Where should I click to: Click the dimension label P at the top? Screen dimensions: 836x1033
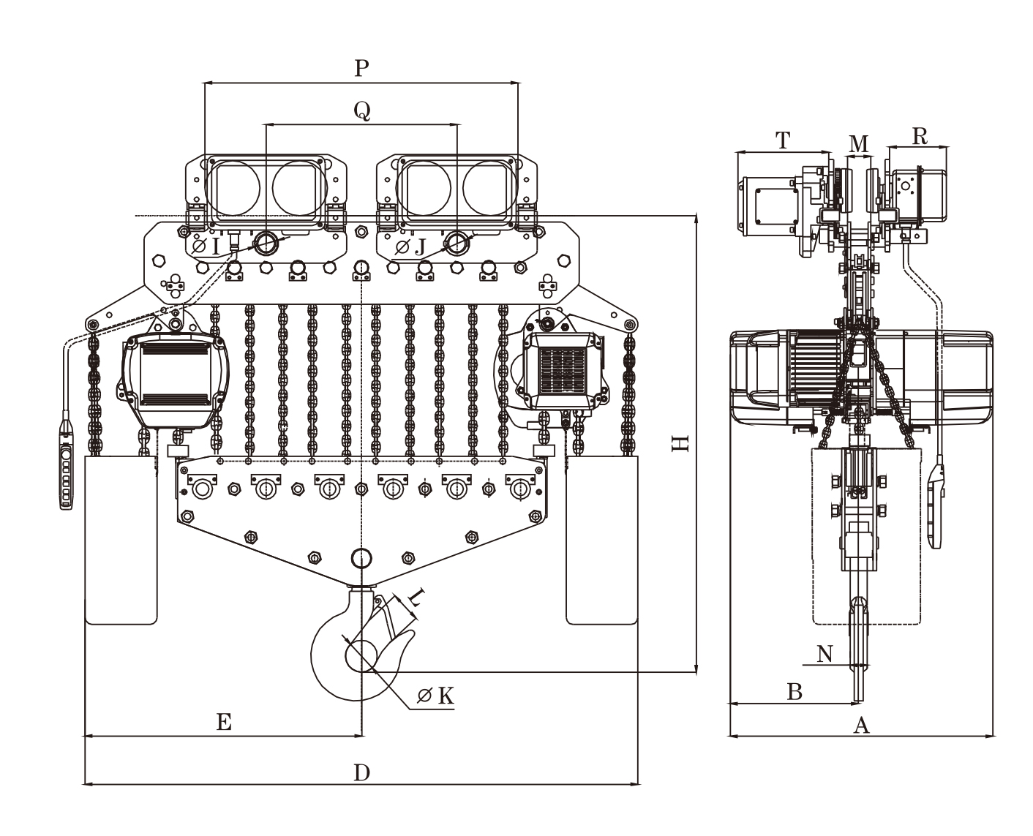pos(361,68)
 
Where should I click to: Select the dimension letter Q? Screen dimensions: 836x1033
pos(361,110)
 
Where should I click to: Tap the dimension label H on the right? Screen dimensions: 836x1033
pos(680,443)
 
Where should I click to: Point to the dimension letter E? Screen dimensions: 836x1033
pos(224,723)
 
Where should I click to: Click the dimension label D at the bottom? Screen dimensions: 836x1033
pos(361,772)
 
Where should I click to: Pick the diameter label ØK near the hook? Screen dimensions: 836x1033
pos(437,696)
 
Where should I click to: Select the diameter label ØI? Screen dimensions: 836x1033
pos(206,247)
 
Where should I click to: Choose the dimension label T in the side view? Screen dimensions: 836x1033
pos(783,140)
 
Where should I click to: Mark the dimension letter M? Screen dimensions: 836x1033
pos(858,143)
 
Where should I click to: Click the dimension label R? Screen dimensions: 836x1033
pos(919,136)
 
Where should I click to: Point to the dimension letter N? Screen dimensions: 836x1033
pos(824,653)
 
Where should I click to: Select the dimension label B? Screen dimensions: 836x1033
pos(795,691)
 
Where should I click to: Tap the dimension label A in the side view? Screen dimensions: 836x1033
pos(861,725)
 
